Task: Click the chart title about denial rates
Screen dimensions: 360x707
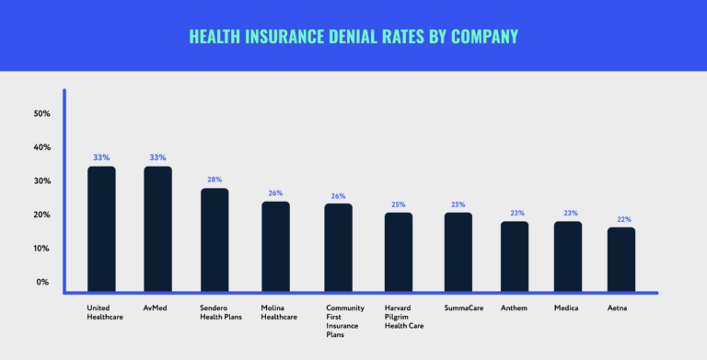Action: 353,36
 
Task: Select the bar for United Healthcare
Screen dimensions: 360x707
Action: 101,228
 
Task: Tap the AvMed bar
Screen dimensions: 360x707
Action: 157,228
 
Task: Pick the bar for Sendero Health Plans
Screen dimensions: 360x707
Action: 214,239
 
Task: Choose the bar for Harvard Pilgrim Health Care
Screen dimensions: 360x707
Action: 399,251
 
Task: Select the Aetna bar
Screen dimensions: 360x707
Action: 621,259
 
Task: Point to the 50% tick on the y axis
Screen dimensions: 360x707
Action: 41,114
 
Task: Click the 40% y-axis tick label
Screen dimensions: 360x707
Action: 41,147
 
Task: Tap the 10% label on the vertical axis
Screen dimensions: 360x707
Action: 41,249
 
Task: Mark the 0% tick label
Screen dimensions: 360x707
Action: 43,282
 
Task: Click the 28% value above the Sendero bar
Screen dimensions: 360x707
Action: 214,180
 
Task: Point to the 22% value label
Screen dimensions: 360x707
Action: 624,219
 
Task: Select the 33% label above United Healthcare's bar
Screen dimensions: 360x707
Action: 101,157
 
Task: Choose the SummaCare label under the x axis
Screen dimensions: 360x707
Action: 463,308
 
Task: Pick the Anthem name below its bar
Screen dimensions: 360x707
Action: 515,308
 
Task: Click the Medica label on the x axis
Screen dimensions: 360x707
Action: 567,308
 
